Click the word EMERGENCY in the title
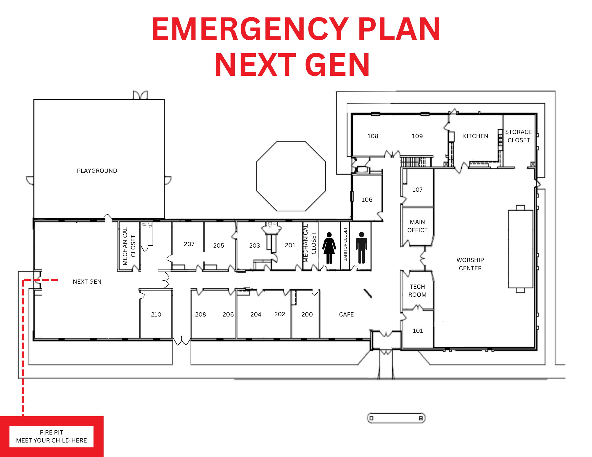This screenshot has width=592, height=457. click(x=250, y=29)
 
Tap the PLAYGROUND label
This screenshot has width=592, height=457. click(x=97, y=171)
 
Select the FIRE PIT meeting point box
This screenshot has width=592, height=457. click(x=52, y=436)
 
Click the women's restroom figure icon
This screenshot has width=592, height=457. click(x=329, y=248)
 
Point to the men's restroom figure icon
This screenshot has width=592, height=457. click(x=361, y=248)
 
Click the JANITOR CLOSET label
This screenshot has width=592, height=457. click(x=345, y=244)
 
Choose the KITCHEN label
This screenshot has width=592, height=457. click(x=475, y=136)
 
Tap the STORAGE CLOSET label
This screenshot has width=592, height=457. click(x=519, y=136)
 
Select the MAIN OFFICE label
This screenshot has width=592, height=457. click(x=417, y=226)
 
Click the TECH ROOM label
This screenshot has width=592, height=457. click(x=417, y=290)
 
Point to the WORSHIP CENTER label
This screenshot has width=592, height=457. click(x=470, y=264)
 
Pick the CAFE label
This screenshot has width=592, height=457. click(x=346, y=314)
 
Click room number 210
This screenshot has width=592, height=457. click(x=156, y=314)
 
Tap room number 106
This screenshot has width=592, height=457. click(x=367, y=200)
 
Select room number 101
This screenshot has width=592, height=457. click(x=418, y=331)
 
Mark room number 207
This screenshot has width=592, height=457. click(x=189, y=244)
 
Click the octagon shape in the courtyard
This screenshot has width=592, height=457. click(x=291, y=176)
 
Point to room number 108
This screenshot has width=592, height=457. click(x=373, y=136)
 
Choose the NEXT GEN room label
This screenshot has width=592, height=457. click(x=87, y=282)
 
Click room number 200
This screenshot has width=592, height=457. click(x=307, y=314)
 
